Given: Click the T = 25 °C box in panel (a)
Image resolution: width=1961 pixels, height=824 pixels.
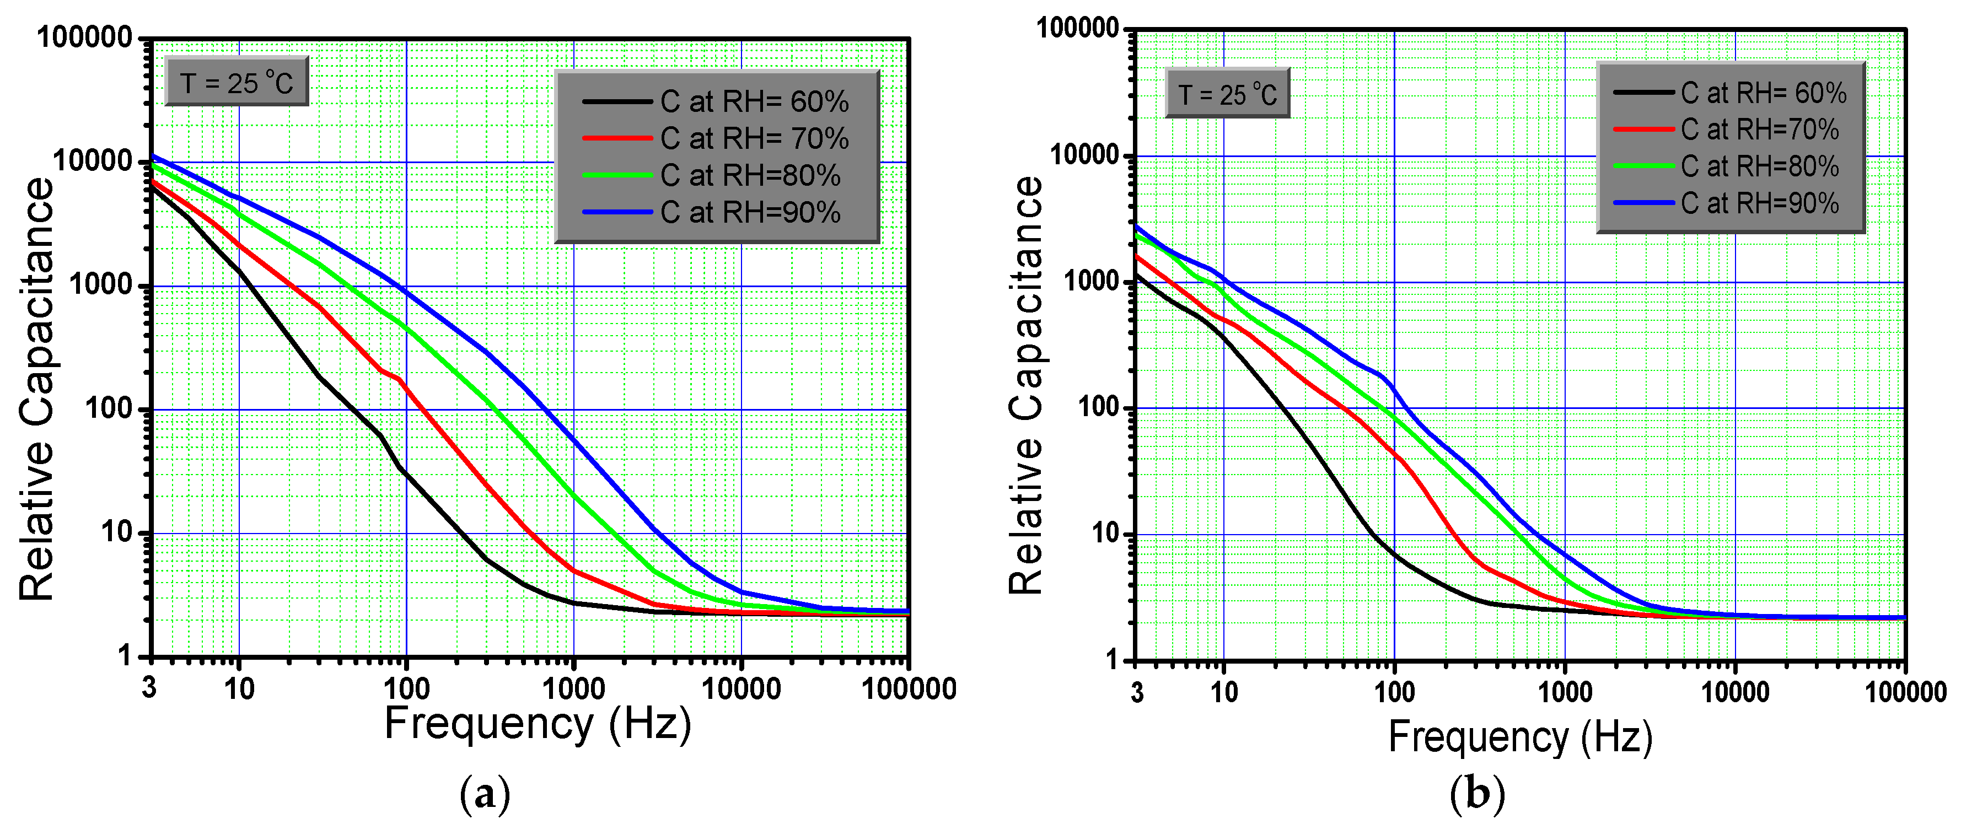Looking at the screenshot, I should coord(237,82).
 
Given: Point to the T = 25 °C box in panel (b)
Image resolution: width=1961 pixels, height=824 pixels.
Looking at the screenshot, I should coord(1227,94).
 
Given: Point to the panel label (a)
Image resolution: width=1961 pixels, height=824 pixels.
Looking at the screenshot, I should coord(485,795).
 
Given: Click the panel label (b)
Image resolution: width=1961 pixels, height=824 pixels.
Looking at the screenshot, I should coord(1478,795).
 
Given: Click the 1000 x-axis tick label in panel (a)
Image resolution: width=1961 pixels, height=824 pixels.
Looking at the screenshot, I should coord(573,690).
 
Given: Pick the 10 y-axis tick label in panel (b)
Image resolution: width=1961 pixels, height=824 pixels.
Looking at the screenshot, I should coord(1106,534).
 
